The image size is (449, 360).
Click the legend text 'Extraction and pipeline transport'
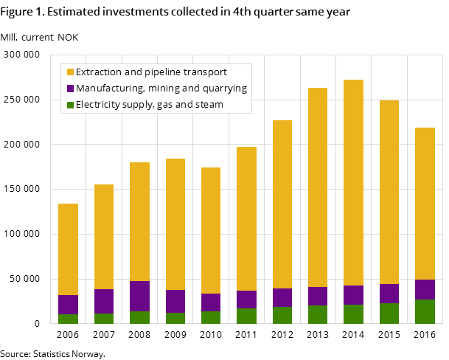point(151,72)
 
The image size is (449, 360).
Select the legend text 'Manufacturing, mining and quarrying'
point(161,89)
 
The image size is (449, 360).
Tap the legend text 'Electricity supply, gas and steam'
point(149,105)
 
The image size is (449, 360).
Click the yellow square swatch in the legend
point(70,72)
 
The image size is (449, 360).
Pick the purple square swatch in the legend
point(70,89)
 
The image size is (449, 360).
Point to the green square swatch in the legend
point(70,105)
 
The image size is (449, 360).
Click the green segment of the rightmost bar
point(425,311)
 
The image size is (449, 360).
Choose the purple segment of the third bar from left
point(139,296)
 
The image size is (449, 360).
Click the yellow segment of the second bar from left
point(104,237)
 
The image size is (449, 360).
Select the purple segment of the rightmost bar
point(425,289)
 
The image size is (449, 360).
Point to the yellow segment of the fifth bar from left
point(211,230)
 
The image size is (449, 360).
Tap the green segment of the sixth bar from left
point(246,316)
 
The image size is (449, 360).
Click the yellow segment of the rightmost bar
point(425,204)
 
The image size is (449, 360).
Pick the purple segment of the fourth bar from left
point(175,301)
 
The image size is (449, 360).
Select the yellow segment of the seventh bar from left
point(282,204)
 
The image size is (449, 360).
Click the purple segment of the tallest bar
point(353,295)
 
